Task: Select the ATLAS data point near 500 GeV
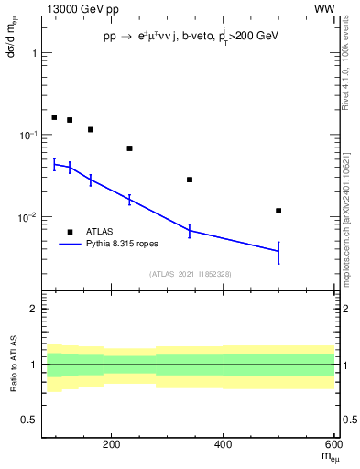coord(278,211)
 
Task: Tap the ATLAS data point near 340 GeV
coord(190,180)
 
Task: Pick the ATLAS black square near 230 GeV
coord(129,148)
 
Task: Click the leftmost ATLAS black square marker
coord(54,117)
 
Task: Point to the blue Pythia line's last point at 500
coord(278,251)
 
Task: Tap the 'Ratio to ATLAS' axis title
coord(12,365)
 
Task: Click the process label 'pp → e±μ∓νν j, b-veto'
coord(165,36)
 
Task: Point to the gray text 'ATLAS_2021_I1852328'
coord(190,274)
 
